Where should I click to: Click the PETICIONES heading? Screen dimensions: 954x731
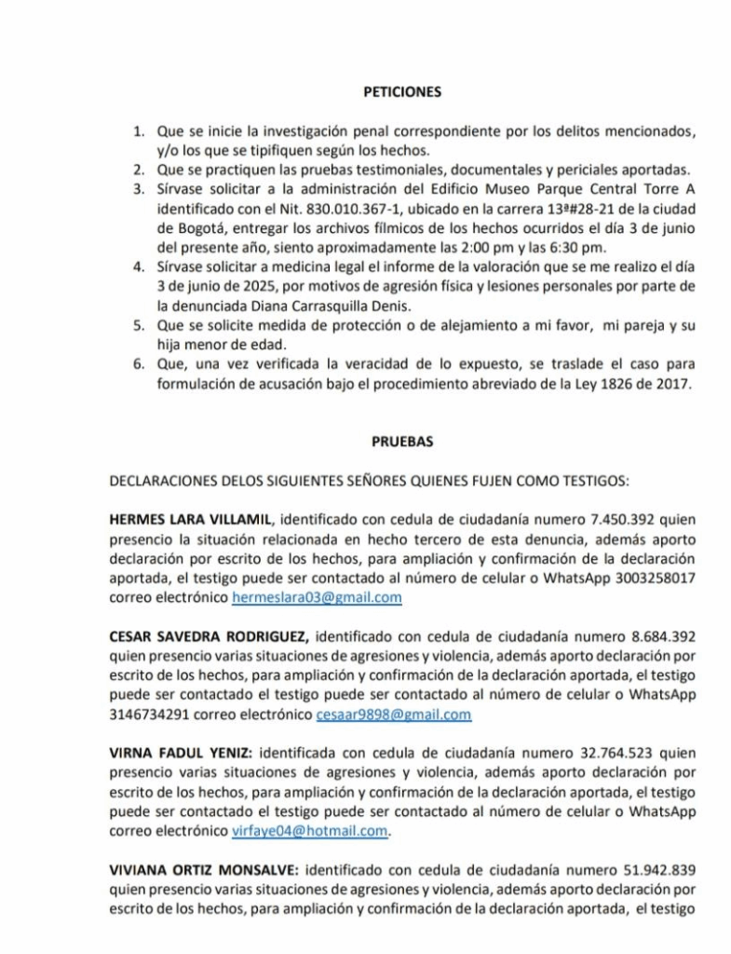click(401, 92)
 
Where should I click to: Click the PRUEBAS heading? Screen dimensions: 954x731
click(402, 443)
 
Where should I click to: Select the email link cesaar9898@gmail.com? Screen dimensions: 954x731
click(394, 714)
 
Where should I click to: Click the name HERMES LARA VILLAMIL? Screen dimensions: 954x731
click(191, 518)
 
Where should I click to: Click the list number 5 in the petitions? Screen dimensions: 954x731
click(138, 327)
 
